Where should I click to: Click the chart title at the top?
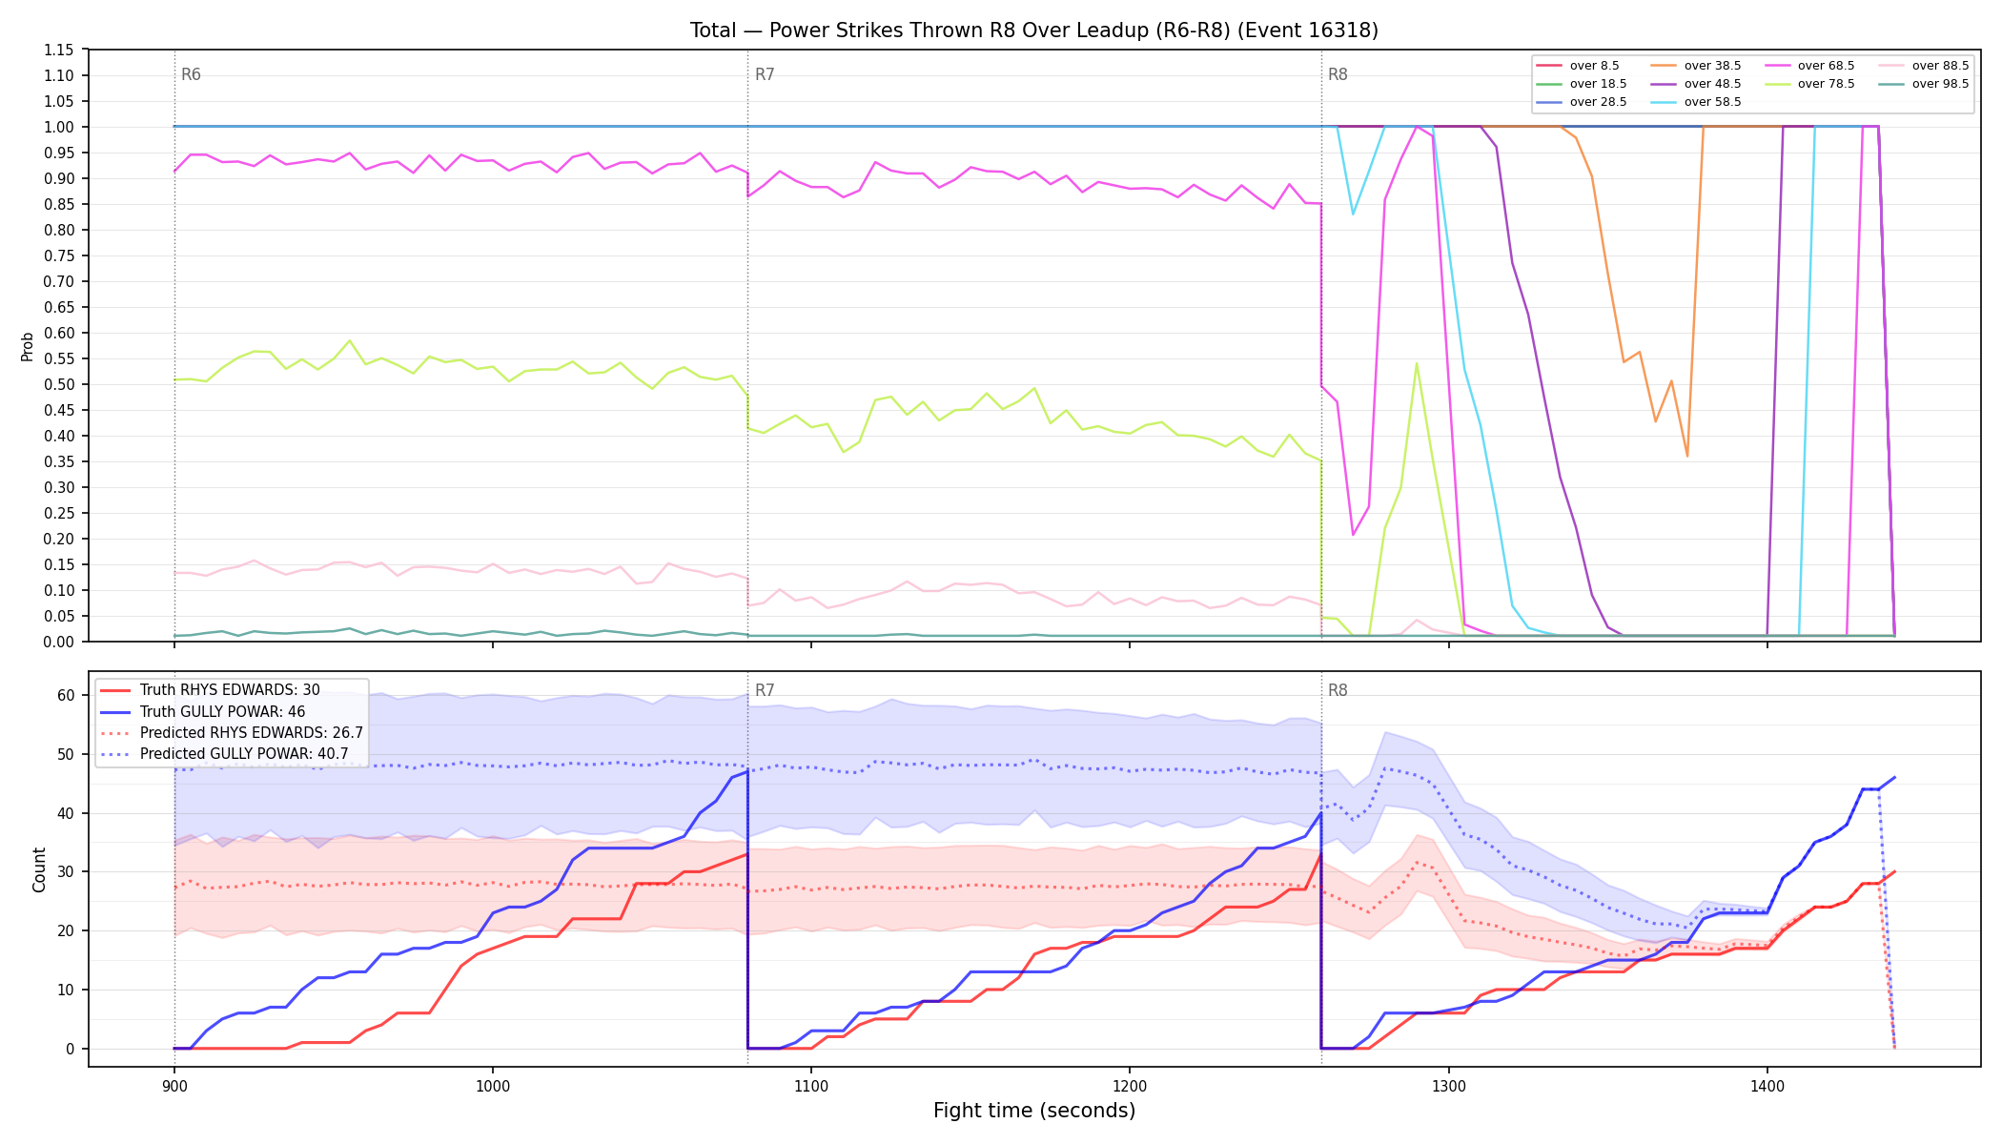click(1034, 31)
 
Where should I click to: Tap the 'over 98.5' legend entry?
click(1924, 84)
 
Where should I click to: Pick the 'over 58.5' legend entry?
click(1696, 102)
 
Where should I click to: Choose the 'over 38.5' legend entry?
click(1696, 66)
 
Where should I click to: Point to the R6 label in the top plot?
click(191, 74)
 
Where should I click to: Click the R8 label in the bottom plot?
click(1338, 690)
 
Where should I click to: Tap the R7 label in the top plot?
click(765, 74)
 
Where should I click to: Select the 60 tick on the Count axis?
click(66, 695)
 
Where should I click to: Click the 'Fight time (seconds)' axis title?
click(1034, 1111)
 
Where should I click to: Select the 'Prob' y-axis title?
click(27, 346)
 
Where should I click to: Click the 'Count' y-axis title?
click(39, 869)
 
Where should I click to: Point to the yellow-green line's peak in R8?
click(1417, 363)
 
